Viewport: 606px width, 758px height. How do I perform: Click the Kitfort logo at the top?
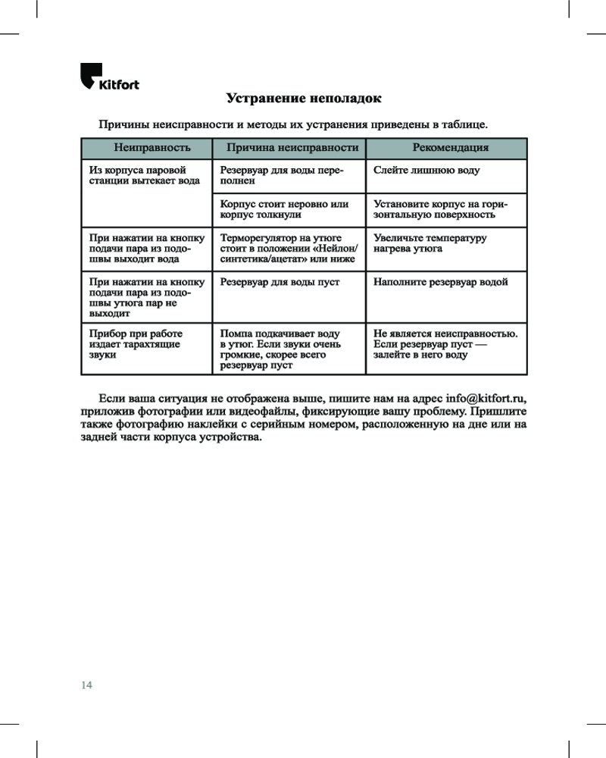pos(109,79)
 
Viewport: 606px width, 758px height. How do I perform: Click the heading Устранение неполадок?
pos(304,99)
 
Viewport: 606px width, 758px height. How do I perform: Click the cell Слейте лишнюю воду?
pos(426,171)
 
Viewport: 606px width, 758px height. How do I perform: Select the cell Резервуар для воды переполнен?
pos(281,176)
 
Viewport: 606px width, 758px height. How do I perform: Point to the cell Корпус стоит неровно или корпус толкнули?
pos(284,210)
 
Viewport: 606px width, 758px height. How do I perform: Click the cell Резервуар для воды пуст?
pos(280,282)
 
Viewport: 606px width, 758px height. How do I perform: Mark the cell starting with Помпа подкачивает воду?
pos(280,349)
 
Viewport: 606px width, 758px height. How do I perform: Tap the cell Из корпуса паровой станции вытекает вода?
pos(140,176)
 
